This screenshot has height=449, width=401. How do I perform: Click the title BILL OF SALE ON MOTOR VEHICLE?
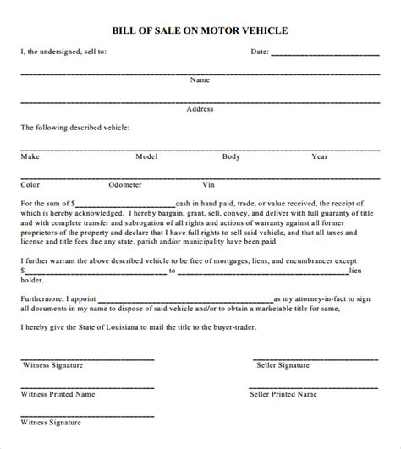tap(200, 30)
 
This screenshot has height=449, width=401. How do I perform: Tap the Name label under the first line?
tap(200, 79)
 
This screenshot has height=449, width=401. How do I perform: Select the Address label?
tap(200, 108)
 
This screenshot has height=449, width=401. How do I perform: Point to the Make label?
tap(30, 156)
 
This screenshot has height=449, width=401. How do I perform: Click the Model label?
tap(147, 156)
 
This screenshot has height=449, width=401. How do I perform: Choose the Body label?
tap(232, 156)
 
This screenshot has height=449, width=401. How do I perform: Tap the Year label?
tap(319, 156)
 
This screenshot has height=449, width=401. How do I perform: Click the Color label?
tap(30, 183)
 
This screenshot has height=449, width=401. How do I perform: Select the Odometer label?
tap(125, 183)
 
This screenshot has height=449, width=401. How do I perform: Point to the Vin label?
tap(209, 183)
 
